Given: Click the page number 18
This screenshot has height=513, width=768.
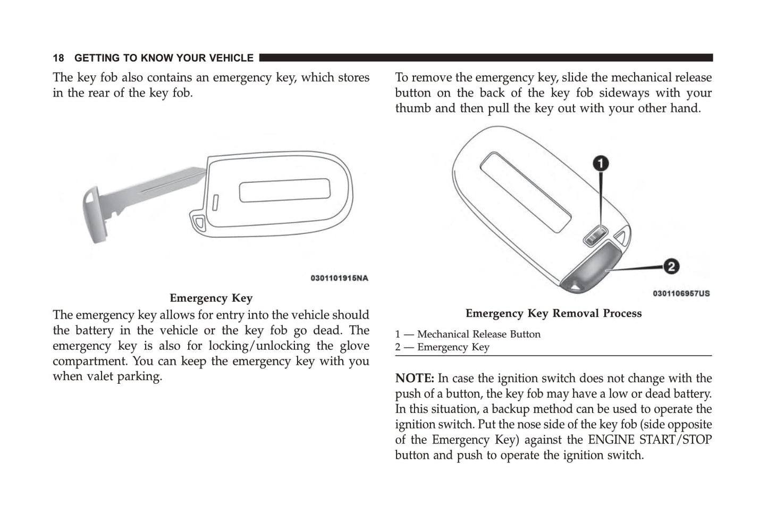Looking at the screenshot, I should pos(58,58).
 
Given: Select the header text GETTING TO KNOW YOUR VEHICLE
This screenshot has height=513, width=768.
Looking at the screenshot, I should pos(164,58).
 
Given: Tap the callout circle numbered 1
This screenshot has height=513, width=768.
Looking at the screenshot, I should pos(601,163).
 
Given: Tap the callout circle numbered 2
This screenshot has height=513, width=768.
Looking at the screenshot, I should pos(671,266).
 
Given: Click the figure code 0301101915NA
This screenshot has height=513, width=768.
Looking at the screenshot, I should pos(339,278).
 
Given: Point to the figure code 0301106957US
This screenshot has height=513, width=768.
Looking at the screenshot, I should pos(681,293).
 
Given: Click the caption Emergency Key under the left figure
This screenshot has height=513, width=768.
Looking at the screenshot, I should pos(211,298).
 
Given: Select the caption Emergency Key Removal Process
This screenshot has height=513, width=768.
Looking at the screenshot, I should pos(553,314).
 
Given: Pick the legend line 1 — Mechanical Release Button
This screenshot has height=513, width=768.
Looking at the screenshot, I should pos(468,334).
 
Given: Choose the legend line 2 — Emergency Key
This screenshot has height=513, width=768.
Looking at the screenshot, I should pos(442,347).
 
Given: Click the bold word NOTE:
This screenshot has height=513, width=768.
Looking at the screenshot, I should pos(415,379).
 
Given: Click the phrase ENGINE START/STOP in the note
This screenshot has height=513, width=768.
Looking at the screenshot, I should pos(649,440).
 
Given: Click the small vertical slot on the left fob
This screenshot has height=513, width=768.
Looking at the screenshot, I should pos(216,203).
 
